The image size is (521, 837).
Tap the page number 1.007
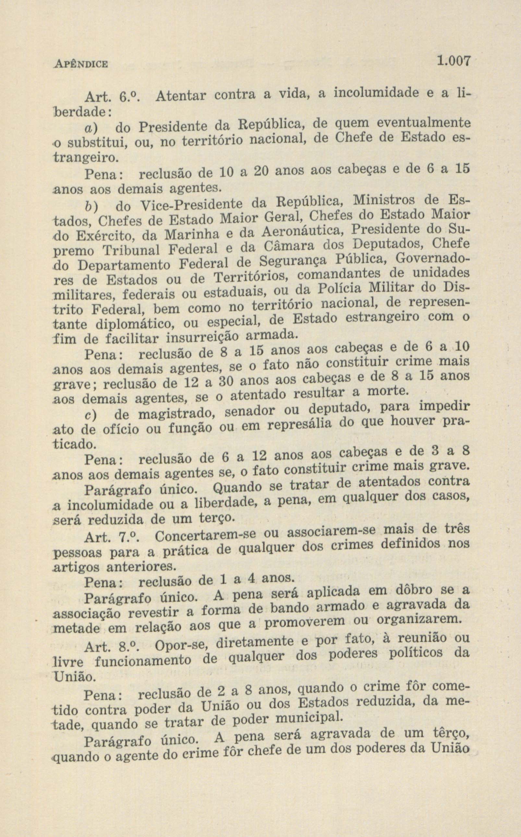tap(453, 61)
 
